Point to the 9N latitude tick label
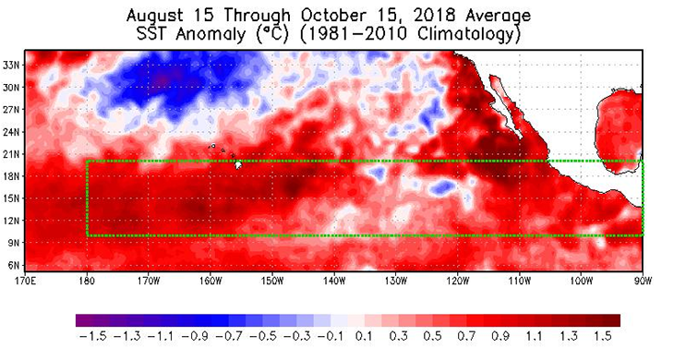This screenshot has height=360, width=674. [12, 243]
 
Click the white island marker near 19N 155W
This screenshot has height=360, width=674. [239, 165]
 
